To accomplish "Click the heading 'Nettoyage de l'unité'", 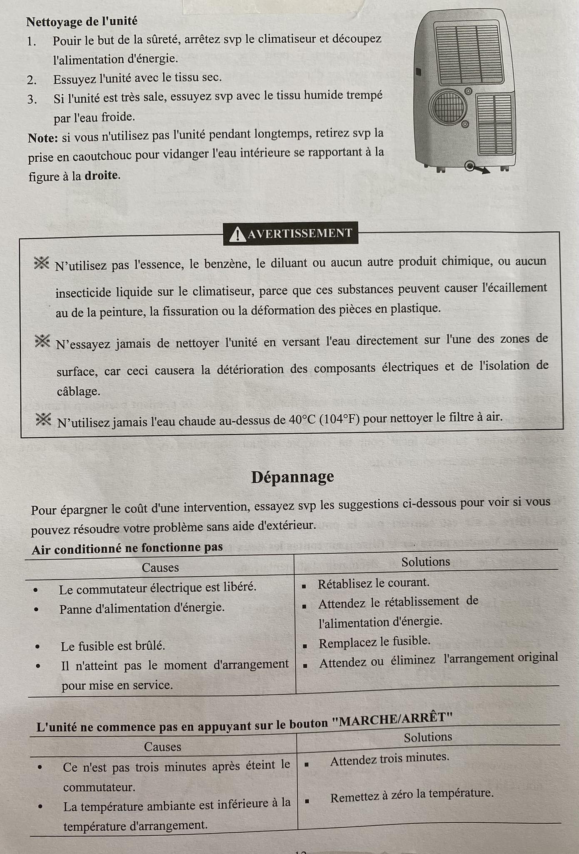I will click(82, 21).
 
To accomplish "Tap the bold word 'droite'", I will click(101, 175).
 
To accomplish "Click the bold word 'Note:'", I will click(42, 138).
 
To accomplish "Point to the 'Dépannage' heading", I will click(292, 477).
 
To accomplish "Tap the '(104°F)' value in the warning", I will click(339, 419).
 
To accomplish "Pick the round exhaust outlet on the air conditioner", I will click(448, 107).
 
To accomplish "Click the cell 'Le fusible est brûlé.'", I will click(113, 646).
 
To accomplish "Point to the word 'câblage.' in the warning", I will click(78, 391).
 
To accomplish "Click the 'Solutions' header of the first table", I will click(425, 562).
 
